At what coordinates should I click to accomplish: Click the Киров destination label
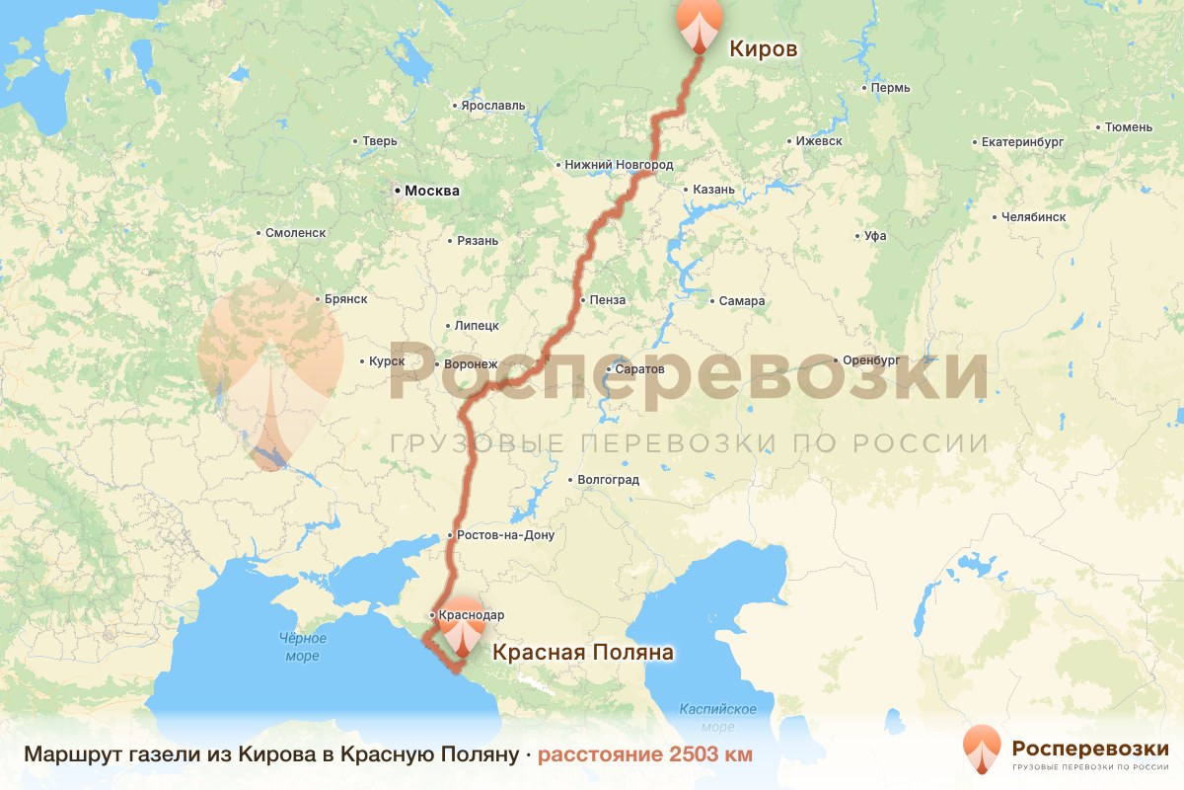pos(762,47)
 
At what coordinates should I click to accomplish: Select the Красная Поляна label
pos(582,652)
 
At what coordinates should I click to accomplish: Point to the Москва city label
pos(431,191)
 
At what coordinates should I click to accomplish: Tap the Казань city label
pos(713,190)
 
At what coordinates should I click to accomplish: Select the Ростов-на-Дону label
pos(505,535)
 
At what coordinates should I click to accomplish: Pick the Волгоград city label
pos(609,480)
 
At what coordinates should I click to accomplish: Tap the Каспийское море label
pos(717,718)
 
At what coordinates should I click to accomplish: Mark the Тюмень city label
pos(1129,126)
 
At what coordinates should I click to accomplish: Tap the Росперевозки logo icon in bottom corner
pos(982,750)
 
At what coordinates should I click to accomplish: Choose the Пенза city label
pos(608,300)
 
